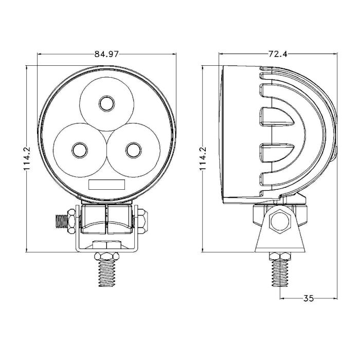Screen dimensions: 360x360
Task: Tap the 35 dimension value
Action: [x=309, y=298]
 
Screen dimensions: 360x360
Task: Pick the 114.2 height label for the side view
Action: [x=203, y=158]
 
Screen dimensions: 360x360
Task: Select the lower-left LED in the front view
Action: [x=80, y=150]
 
